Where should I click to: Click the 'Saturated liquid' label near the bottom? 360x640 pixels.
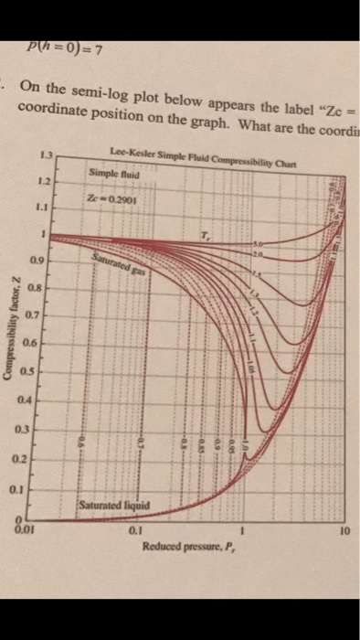coord(108,504)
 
